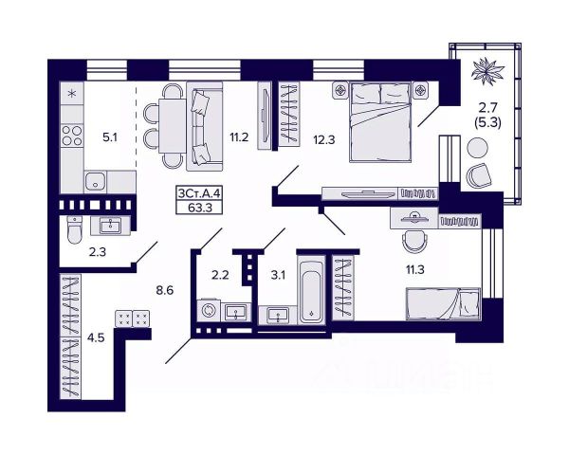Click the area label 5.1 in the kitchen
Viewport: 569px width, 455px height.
(111, 136)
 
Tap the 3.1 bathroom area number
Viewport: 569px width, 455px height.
(277, 277)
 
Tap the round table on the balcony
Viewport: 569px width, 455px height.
(477, 147)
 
